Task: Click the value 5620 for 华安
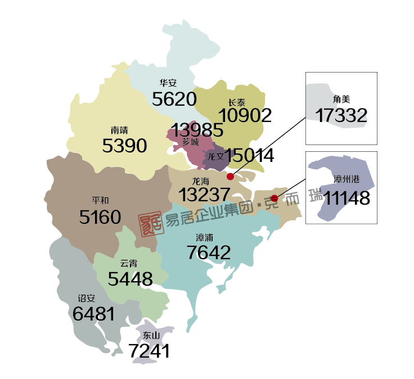174,100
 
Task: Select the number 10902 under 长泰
245,115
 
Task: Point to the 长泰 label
237,103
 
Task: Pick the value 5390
124,146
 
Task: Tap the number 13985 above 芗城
197,130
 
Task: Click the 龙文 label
217,156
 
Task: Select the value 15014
249,156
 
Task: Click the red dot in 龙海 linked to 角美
230,177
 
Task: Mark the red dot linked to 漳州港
274,198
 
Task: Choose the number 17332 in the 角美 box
341,116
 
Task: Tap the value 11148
342,197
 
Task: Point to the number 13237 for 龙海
204,195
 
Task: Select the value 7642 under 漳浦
208,252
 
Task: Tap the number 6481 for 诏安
93,314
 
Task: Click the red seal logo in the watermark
151,222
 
